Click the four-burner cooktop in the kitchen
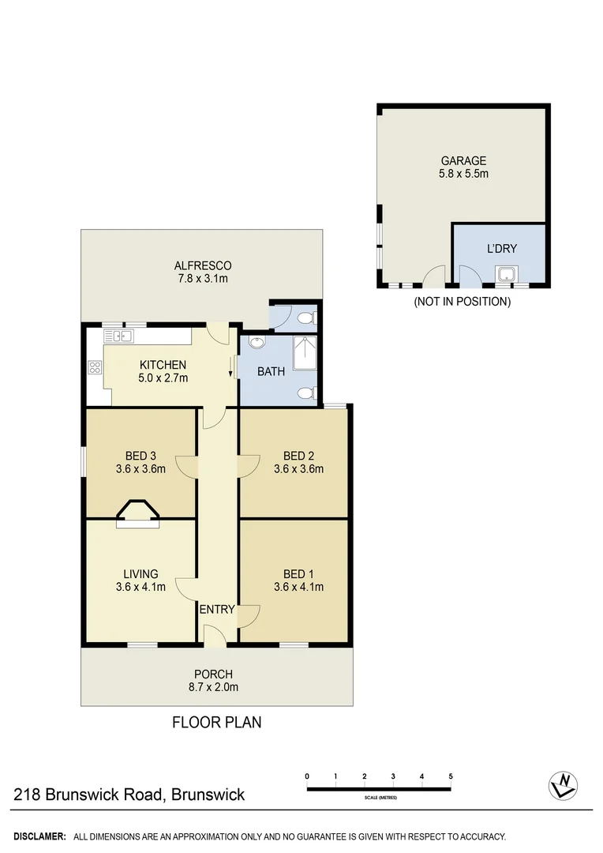[96, 366]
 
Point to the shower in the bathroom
[305, 353]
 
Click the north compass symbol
[564, 784]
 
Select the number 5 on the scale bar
[451, 776]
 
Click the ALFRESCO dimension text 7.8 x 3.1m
[202, 279]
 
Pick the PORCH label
[213, 674]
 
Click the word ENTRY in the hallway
[216, 609]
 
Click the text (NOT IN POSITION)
[463, 302]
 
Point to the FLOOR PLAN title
[217, 722]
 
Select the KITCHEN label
[163, 365]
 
